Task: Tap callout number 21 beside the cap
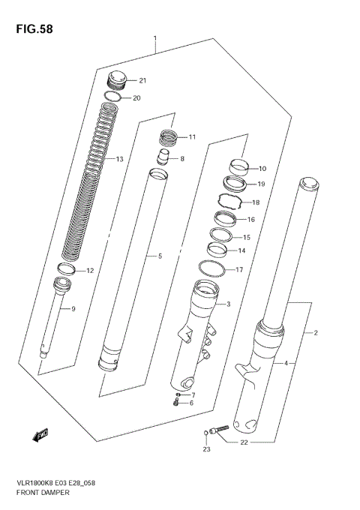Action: pos(142,81)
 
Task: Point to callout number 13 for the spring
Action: pos(119,160)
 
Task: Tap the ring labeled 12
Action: pos(66,269)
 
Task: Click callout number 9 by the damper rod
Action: pos(73,309)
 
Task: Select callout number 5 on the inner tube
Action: pos(159,256)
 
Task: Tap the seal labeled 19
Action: pos(233,184)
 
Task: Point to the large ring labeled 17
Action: pos(213,268)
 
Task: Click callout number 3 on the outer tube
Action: pos(228,304)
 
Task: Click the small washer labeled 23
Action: pos(206,432)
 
